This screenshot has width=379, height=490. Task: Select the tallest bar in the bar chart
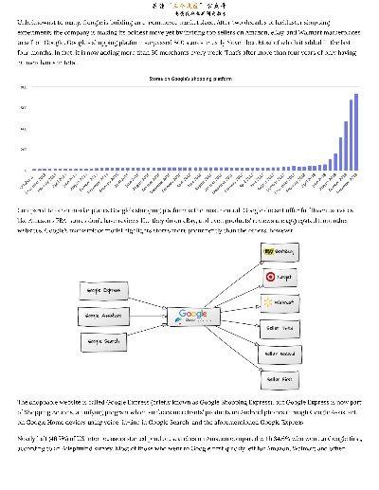pyautogui.click(x=356, y=132)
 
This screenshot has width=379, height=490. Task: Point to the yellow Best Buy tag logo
pyautogui.click(x=269, y=251)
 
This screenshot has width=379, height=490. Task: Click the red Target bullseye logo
pyautogui.click(x=270, y=277)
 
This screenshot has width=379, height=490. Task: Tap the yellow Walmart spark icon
pyautogui.click(x=268, y=302)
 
